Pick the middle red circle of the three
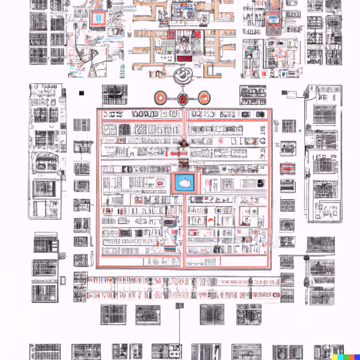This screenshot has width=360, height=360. coord(183,99)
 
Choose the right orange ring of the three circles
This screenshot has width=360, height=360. coord(204,97)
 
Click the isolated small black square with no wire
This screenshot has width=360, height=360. coord(81,93)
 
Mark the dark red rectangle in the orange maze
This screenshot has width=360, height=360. coord(185,58)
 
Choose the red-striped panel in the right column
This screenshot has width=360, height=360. coord(288,168)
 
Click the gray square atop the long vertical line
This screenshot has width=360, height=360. coord(179,306)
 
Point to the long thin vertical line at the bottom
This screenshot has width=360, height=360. coord(179,328)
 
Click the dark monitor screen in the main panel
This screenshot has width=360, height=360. coord(168,223)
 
